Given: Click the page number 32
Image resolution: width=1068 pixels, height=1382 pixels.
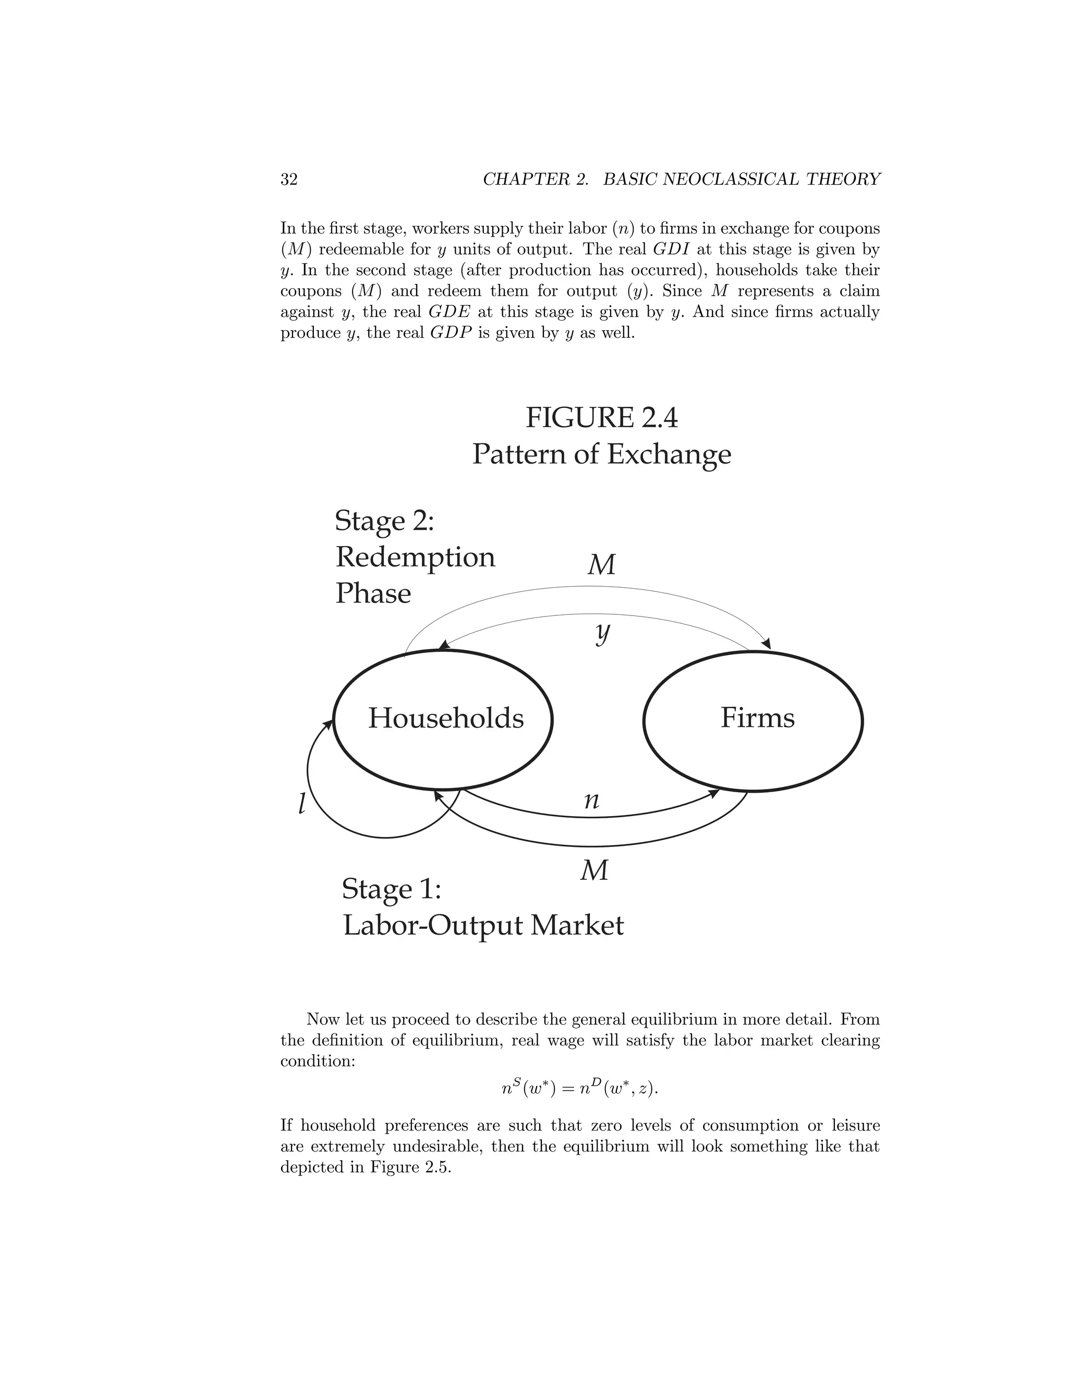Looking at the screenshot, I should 288,180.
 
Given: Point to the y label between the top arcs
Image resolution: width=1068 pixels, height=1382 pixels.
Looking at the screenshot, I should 603,633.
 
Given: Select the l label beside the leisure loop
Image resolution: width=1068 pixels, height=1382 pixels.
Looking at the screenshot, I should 302,804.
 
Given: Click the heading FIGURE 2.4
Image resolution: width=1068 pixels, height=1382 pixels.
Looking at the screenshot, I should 601,418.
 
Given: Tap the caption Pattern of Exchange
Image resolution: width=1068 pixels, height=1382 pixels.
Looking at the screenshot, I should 601,454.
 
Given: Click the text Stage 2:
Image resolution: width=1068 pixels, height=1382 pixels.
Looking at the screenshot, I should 384,521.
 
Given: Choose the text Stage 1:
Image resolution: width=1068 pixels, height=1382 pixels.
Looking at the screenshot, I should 391,889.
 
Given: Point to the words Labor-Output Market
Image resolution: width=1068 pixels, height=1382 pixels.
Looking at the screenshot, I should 483,926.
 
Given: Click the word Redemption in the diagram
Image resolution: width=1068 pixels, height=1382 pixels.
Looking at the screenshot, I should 415,557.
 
